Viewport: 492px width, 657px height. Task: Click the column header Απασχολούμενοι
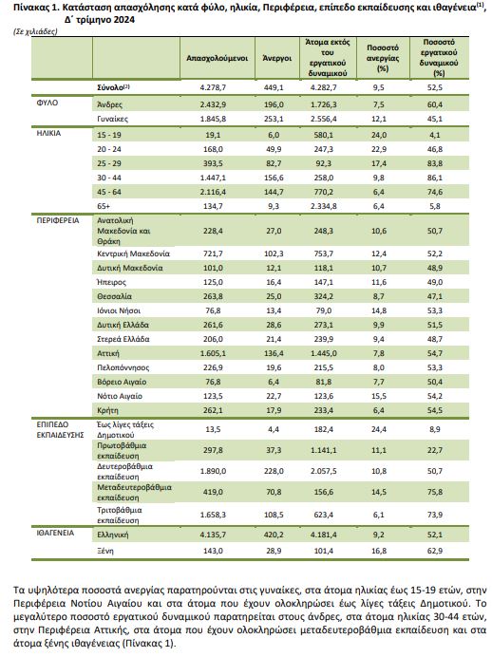click(218, 58)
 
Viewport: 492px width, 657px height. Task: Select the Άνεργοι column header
click(276, 58)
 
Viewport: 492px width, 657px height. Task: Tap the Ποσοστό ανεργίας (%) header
click(383, 58)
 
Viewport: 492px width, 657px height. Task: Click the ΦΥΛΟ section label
click(47, 103)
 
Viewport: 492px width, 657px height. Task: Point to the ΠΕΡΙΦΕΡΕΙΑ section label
click(58, 220)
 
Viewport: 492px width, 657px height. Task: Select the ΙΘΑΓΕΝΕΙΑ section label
click(55, 533)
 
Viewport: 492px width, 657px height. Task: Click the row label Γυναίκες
click(113, 119)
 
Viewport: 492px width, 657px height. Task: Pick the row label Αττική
click(108, 353)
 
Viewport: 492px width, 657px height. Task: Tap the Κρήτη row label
click(107, 410)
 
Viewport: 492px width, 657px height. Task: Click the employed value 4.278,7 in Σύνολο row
click(213, 87)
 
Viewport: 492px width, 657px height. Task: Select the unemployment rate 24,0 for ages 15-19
click(378, 135)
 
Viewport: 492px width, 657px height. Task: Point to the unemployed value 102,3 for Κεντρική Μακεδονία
click(274, 253)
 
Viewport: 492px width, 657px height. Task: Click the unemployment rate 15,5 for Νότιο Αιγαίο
click(378, 396)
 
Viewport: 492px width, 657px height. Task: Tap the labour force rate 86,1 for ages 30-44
click(435, 178)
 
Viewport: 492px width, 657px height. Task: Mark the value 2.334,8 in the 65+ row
click(324, 206)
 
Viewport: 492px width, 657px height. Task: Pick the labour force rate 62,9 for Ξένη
click(435, 551)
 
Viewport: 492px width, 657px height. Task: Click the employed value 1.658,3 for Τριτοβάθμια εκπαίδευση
click(213, 515)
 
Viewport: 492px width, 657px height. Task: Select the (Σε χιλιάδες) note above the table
click(35, 31)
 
